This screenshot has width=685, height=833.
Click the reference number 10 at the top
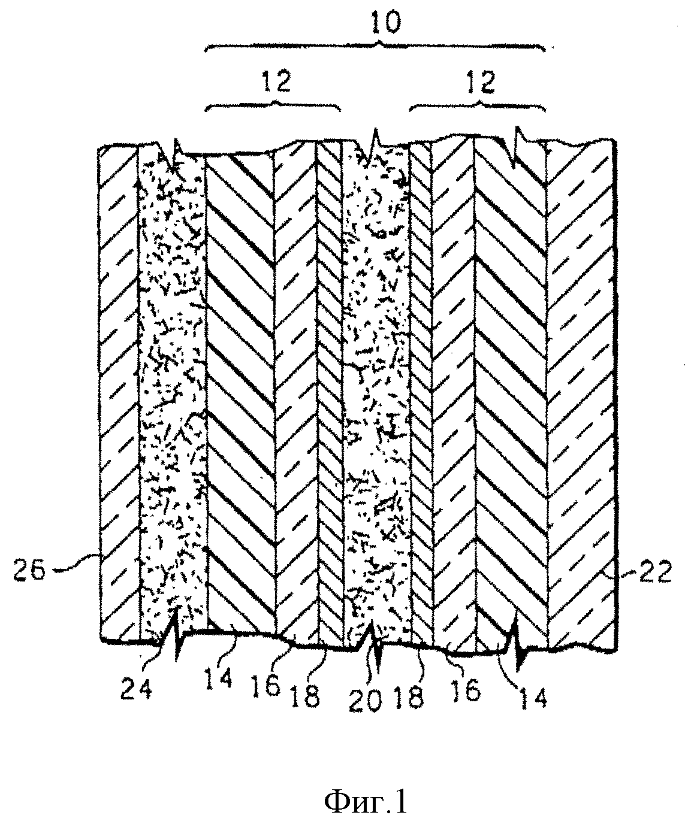click(386, 23)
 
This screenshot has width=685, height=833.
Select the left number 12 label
click(276, 82)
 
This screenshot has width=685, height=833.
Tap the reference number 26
click(29, 570)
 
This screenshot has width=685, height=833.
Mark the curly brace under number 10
click(375, 46)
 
